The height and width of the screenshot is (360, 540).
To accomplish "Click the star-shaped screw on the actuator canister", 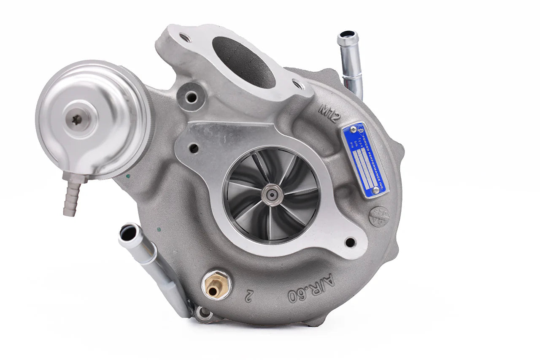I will pos(77,120).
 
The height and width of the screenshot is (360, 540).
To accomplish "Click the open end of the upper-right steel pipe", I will pos(347,35).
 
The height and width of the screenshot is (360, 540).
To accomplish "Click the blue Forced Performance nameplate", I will pos(365,160).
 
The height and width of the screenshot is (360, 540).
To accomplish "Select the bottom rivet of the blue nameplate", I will pos(375,190).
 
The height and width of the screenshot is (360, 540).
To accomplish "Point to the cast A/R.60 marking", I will pos(311,289).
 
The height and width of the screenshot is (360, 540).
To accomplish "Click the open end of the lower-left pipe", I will pos(127,233).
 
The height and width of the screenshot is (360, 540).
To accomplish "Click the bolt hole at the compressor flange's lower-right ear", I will pos(350,242).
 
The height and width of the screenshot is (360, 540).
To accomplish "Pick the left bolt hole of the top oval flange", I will pos(184,38).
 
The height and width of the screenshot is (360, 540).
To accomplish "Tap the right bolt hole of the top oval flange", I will pos(299,85).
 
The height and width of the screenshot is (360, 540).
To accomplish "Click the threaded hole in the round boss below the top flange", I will pos(192,97).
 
